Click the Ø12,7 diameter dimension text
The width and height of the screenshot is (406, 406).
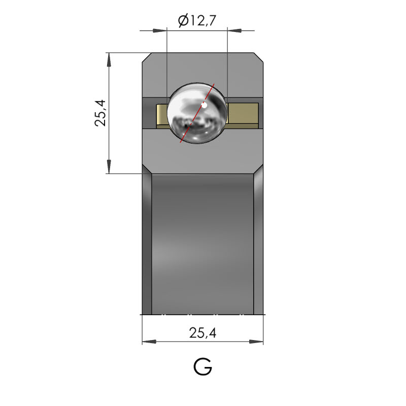point(197,21)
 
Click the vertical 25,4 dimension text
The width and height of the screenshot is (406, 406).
point(100,113)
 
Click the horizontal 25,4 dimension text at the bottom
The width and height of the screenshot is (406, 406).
point(202,333)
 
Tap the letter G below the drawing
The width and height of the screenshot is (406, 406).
point(202,366)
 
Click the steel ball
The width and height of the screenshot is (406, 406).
point(197,113)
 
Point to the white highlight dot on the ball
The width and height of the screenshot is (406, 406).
point(205,106)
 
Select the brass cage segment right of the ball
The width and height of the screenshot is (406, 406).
point(243,116)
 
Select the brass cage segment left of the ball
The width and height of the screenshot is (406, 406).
point(162,116)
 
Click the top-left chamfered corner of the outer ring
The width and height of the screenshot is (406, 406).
point(147,57)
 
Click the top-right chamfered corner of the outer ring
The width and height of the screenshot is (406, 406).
point(258,57)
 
